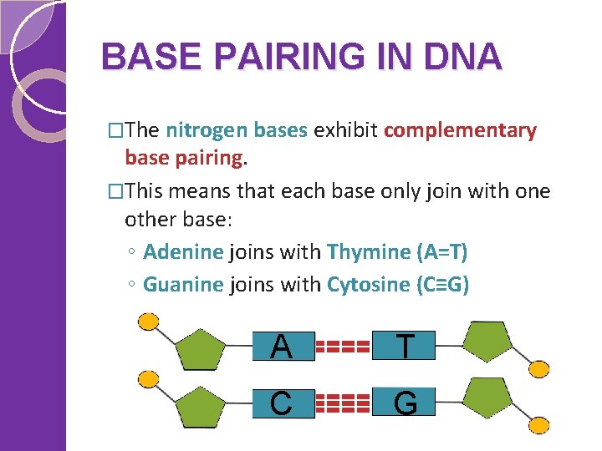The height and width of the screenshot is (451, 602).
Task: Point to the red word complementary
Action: pyautogui.click(x=460, y=130)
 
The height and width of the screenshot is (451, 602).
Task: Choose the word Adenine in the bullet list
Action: pyautogui.click(x=183, y=251)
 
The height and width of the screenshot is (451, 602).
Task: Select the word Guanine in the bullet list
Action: pyautogui.click(x=183, y=285)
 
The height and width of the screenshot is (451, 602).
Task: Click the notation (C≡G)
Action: pyautogui.click(x=442, y=285)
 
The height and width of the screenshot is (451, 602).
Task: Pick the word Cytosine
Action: pyautogui.click(x=366, y=285)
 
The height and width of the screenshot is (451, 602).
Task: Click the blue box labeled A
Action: pyautogui.click(x=283, y=346)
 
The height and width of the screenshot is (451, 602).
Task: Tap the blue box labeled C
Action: pyautogui.click(x=283, y=403)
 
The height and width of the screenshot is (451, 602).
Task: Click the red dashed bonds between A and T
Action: pyautogui.click(x=344, y=346)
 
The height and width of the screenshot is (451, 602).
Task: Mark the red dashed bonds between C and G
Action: pyautogui.click(x=344, y=403)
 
